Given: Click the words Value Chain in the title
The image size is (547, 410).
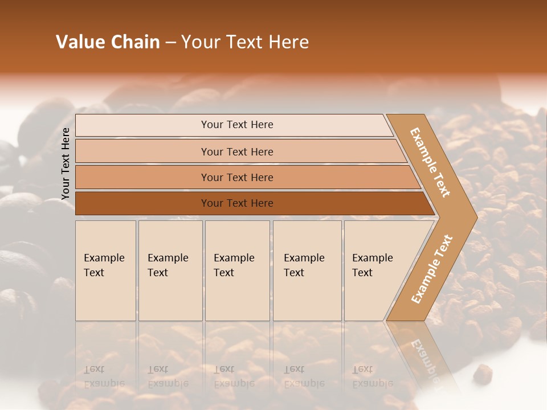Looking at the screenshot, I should [108, 42].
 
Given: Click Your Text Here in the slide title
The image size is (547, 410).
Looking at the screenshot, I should [245, 42].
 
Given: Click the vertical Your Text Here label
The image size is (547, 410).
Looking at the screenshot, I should [66, 163].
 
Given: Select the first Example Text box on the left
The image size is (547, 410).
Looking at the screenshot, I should [105, 270].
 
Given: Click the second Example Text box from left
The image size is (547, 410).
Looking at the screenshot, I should [170, 270].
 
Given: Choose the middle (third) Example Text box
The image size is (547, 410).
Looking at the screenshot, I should [237, 270].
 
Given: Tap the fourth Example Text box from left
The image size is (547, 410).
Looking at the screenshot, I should [307, 270].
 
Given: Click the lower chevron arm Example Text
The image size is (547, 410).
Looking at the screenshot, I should [432, 269].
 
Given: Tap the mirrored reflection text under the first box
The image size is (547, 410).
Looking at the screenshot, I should [104, 376].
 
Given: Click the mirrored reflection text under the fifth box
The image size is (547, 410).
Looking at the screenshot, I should [372, 376].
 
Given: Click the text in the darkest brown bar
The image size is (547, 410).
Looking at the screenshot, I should [237, 203].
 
